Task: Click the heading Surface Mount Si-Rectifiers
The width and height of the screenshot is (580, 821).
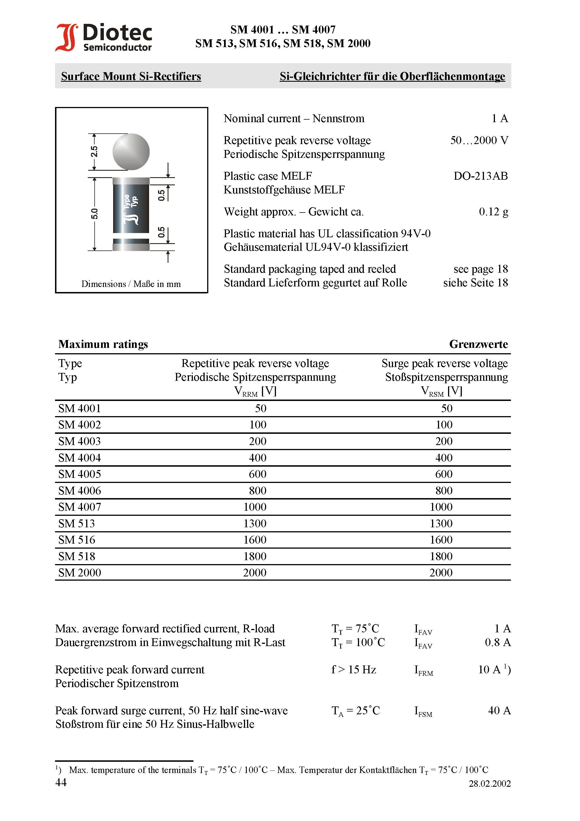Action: click(x=131, y=76)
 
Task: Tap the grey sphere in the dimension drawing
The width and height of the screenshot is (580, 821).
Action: click(x=131, y=152)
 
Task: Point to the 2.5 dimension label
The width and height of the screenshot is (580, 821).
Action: click(x=94, y=151)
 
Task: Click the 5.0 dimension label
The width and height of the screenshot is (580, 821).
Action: click(x=94, y=214)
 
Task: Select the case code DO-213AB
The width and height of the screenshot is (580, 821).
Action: click(x=480, y=176)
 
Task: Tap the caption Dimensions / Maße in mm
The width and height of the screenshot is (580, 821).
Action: click(x=131, y=284)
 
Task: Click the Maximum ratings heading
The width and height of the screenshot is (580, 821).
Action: click(x=103, y=344)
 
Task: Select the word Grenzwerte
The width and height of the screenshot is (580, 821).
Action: click(x=478, y=344)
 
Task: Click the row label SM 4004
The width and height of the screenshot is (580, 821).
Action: click(x=79, y=458)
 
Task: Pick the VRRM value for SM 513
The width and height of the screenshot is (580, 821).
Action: click(x=255, y=523)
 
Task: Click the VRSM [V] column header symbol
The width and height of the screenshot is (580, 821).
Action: click(x=441, y=391)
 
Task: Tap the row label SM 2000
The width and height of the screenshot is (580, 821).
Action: click(x=79, y=573)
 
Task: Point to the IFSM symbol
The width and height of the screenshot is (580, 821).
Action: click(x=423, y=711)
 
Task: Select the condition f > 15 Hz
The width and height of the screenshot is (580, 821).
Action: click(x=353, y=669)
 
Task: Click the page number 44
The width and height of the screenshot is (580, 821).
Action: click(x=61, y=782)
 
